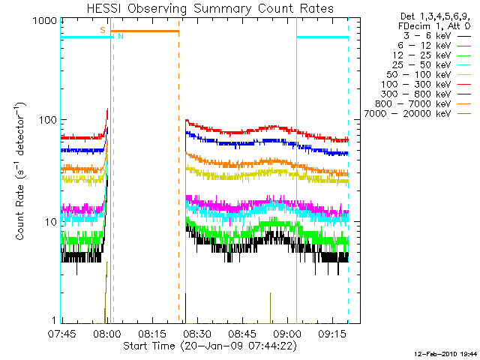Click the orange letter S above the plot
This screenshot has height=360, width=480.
(x=103, y=29)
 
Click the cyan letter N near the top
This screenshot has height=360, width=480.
(x=120, y=36)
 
